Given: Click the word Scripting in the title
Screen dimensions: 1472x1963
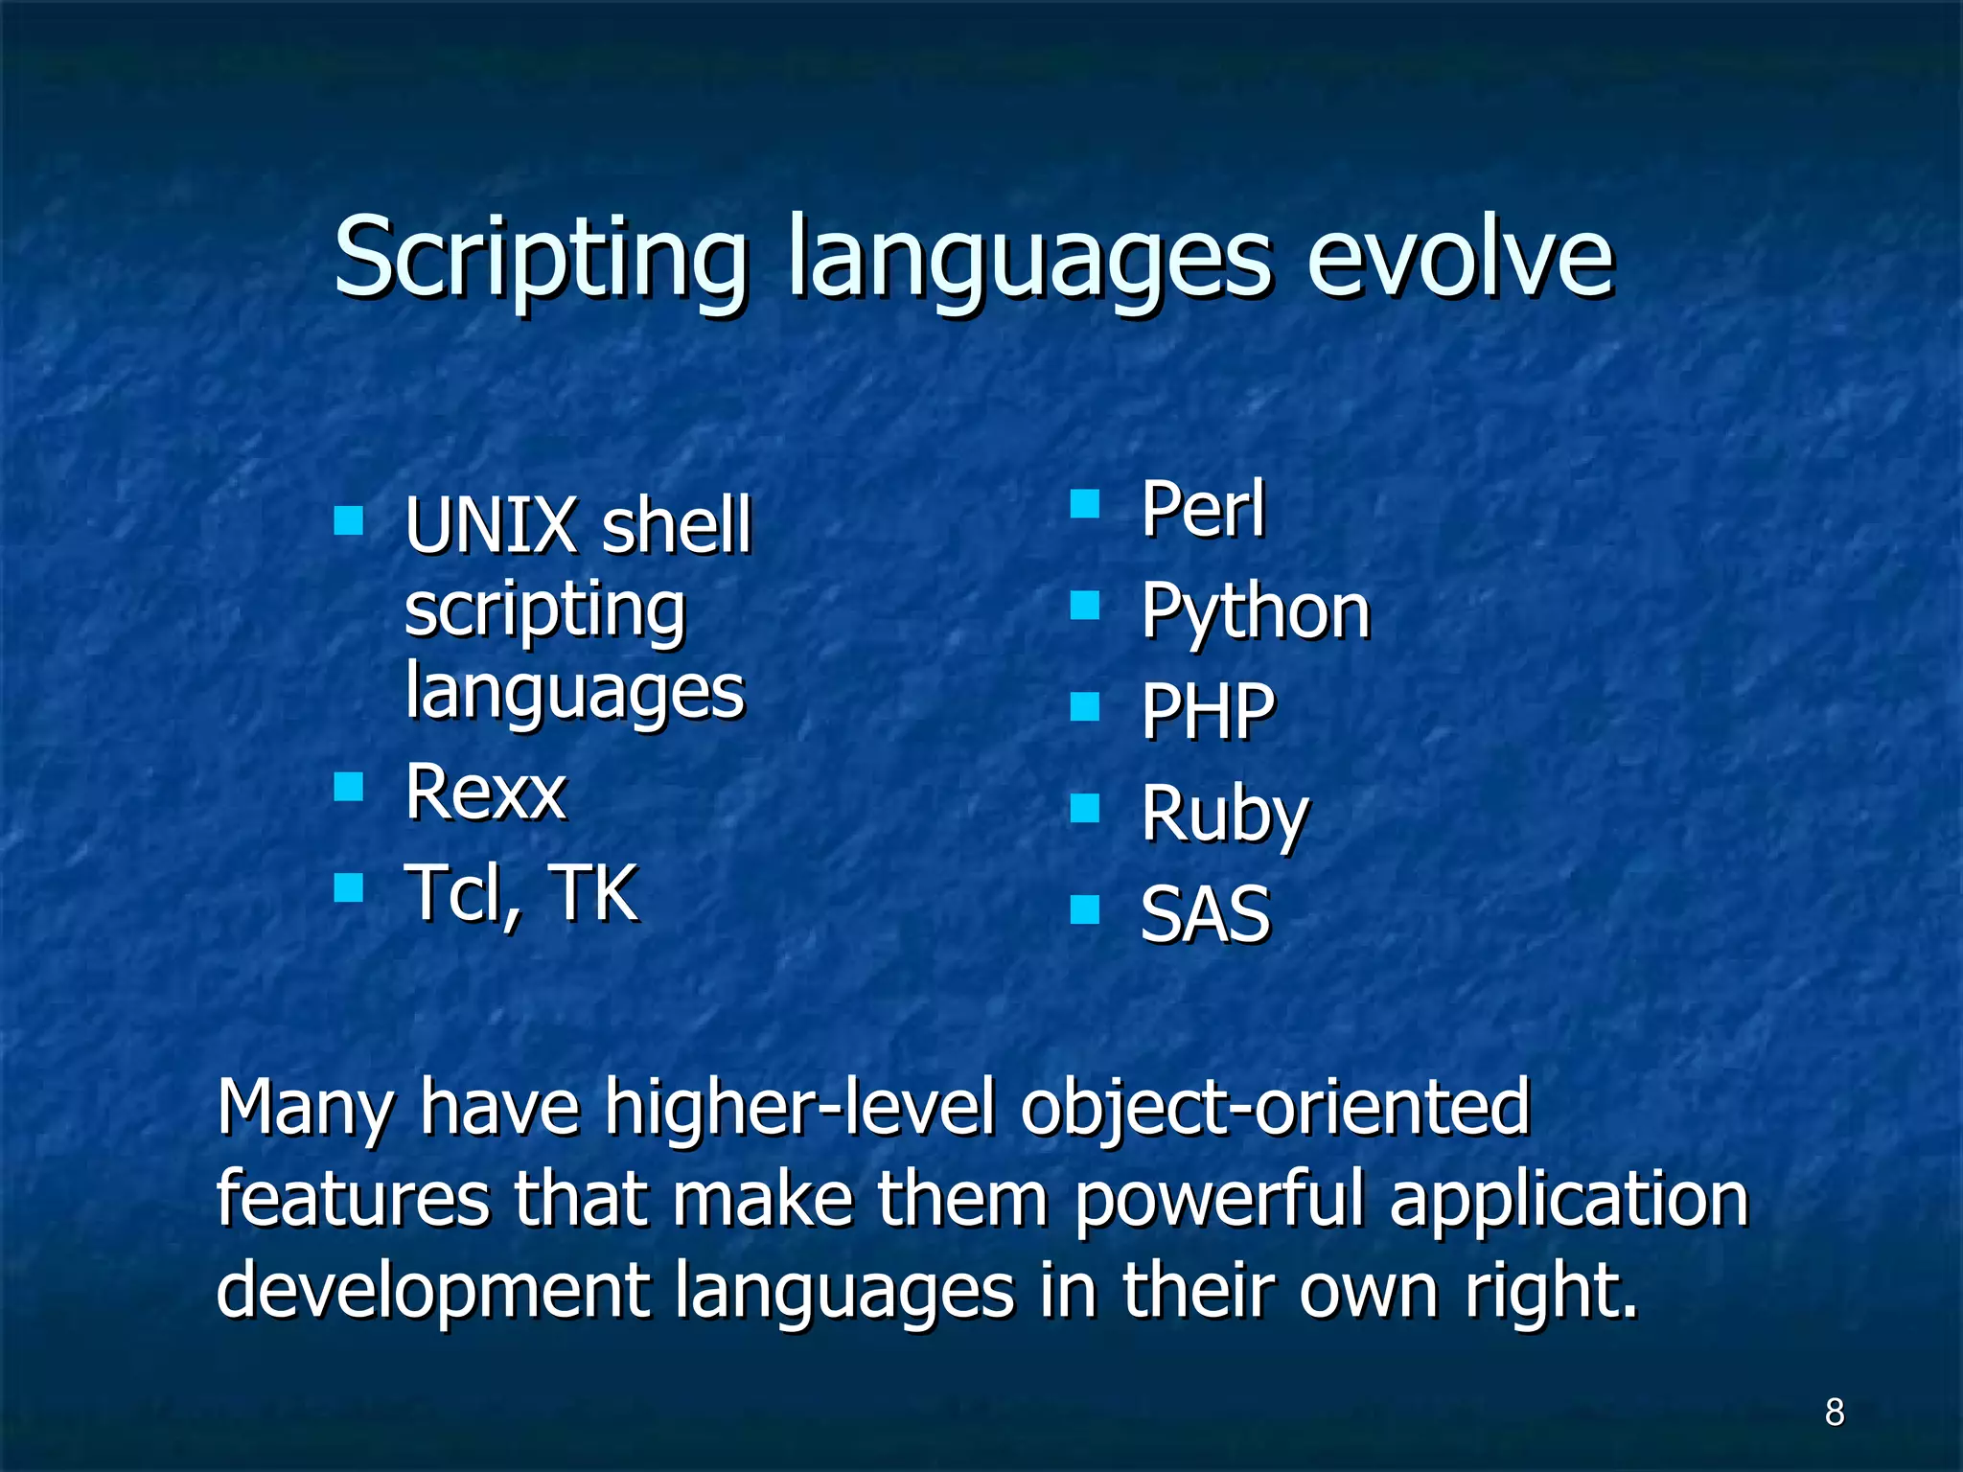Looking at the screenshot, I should click(x=540, y=259).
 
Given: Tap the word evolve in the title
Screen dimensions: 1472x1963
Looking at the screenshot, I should click(x=1461, y=259).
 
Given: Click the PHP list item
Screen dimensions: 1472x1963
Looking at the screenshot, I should click(x=1209, y=712).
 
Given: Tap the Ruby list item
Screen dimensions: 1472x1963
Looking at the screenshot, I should click(x=1224, y=815).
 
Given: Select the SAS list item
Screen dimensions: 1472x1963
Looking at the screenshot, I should click(x=1206, y=914).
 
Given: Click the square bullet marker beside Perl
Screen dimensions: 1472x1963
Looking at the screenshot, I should click(x=1084, y=503).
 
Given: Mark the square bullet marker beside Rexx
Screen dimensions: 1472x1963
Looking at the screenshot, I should click(x=349, y=787).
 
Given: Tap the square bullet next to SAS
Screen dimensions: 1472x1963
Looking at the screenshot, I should click(x=1084, y=908).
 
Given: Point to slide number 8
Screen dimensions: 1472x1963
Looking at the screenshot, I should click(x=1835, y=1412).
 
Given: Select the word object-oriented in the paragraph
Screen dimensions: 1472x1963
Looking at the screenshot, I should click(x=1275, y=1108).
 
